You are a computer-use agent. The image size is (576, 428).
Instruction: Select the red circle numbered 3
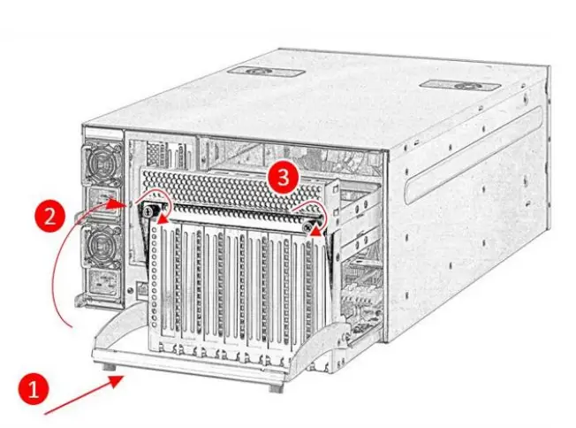pos(282,176)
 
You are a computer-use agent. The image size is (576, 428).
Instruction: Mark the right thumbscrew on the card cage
pos(309,225)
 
